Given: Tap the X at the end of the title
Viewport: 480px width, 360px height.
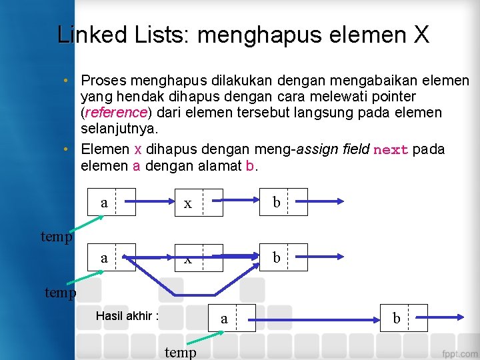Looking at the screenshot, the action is pyautogui.click(x=421, y=34).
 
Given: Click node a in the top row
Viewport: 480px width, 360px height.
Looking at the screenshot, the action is pyautogui.click(x=112, y=202).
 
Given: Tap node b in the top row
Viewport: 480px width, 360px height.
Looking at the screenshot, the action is pyautogui.click(x=285, y=202).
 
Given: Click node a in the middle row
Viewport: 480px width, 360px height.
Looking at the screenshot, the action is pyautogui.click(x=112, y=257).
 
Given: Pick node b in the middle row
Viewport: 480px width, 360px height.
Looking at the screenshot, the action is pyautogui.click(x=285, y=257).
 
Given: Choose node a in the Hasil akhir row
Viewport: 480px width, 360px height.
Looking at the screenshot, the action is pyautogui.click(x=233, y=318).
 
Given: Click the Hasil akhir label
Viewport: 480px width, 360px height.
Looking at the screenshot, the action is pyautogui.click(x=127, y=315).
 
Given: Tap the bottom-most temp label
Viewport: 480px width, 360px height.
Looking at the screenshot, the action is pyautogui.click(x=180, y=352).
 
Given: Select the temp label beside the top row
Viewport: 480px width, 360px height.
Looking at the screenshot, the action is pyautogui.click(x=57, y=236).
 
